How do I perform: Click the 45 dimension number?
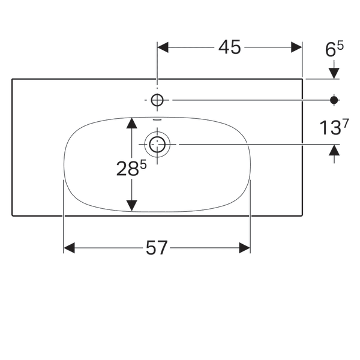(229, 47)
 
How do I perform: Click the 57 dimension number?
(157, 248)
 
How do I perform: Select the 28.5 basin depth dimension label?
(131, 168)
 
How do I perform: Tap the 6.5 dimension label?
(334, 49)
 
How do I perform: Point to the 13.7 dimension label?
(334, 127)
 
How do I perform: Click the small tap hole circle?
(157, 100)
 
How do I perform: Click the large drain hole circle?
(157, 145)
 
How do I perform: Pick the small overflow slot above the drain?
(157, 119)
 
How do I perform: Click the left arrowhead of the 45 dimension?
(163, 47)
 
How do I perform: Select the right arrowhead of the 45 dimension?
(296, 47)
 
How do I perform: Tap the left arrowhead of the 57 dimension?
(69, 248)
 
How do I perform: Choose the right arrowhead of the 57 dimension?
(245, 248)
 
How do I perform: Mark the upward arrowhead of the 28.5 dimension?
(131, 123)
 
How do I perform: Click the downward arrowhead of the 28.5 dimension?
(131, 205)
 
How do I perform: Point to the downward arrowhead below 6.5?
(334, 73)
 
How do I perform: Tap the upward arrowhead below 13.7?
(334, 150)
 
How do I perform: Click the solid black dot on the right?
(334, 100)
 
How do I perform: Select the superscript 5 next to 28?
(143, 164)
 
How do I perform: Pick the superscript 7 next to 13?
(346, 123)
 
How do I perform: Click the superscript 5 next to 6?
(341, 46)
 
